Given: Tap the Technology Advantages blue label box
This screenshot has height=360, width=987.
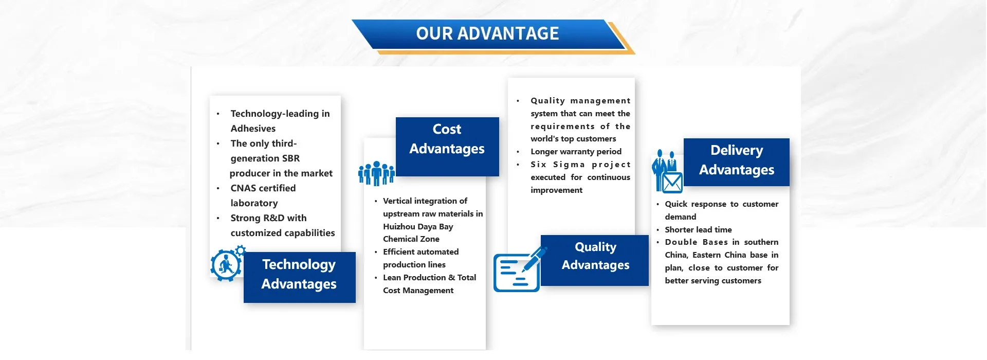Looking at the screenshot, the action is pyautogui.click(x=299, y=277).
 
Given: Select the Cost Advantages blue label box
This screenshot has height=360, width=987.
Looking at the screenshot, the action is pyautogui.click(x=447, y=147).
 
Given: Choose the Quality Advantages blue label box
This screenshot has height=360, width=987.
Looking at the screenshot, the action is pyautogui.click(x=595, y=260).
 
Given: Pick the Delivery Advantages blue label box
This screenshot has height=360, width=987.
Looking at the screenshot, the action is pyautogui.click(x=736, y=162).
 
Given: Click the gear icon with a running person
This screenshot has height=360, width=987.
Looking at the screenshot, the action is pyautogui.click(x=227, y=264).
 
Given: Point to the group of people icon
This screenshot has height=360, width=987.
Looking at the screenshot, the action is pyautogui.click(x=376, y=173).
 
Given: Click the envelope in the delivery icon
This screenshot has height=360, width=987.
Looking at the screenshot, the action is pyautogui.click(x=672, y=183).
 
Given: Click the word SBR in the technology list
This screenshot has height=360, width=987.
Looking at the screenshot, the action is pyautogui.click(x=290, y=158).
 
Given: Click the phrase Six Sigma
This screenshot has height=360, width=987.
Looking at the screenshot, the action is pyautogui.click(x=558, y=165).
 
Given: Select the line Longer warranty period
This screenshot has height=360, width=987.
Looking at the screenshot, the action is pyautogui.click(x=576, y=152).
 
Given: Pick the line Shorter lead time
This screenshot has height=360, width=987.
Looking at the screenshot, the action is pyautogui.click(x=698, y=230).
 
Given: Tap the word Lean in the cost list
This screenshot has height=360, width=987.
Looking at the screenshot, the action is pyautogui.click(x=392, y=278).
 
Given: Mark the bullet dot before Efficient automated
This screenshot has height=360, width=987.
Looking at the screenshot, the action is pyautogui.click(x=376, y=252).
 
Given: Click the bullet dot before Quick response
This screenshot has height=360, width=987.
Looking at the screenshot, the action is pyautogui.click(x=657, y=204).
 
